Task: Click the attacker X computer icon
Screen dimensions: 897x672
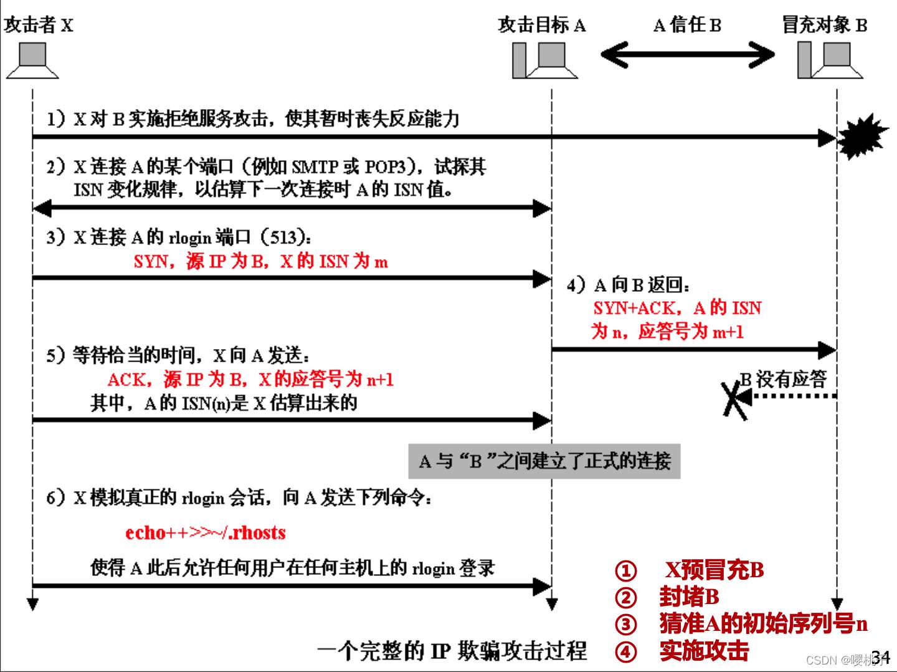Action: (x=32, y=60)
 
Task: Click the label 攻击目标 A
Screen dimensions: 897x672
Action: (x=542, y=25)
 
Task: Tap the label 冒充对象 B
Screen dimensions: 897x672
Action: (x=824, y=24)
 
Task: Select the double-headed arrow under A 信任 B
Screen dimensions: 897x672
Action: (x=687, y=54)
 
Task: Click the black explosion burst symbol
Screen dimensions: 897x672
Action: (x=861, y=137)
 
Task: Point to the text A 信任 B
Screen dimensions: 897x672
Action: (x=687, y=25)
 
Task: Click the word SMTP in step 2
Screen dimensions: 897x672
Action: (x=315, y=167)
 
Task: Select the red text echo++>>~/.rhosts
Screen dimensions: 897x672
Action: (x=205, y=532)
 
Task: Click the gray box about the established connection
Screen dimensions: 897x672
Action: (x=544, y=461)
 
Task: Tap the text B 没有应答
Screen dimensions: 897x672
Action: (x=784, y=380)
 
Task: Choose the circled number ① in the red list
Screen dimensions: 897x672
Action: (x=625, y=570)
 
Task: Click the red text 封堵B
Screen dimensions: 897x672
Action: (x=690, y=597)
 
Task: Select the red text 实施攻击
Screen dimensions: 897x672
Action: (x=704, y=651)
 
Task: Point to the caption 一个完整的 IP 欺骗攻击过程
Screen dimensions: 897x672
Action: (x=452, y=651)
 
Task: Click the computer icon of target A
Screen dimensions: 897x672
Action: (x=545, y=60)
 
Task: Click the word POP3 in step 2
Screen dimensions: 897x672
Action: (x=385, y=167)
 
